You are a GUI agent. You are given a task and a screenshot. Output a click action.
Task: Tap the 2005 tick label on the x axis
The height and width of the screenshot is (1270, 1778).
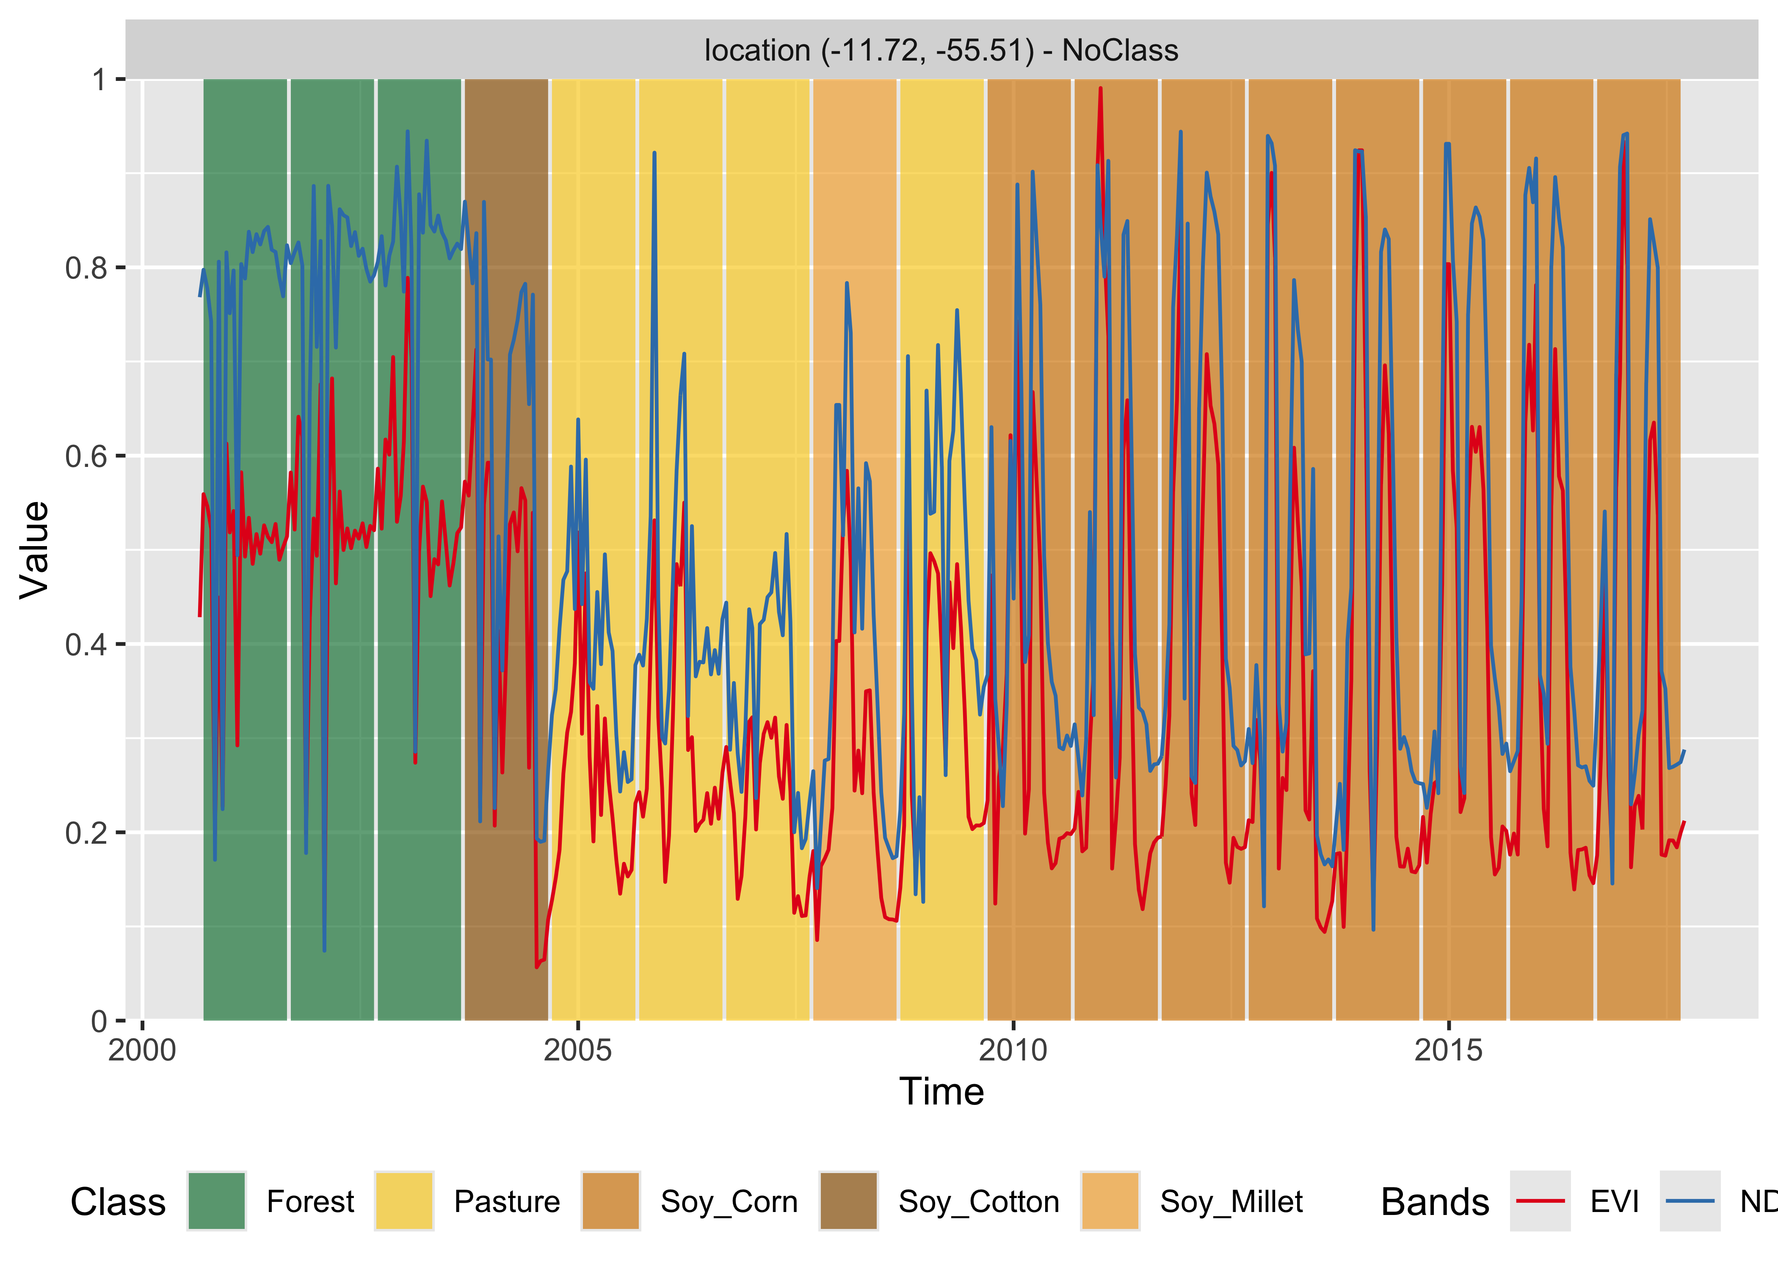(x=578, y=1050)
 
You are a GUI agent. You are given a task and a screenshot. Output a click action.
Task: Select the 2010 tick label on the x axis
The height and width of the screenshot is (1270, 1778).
(x=1013, y=1050)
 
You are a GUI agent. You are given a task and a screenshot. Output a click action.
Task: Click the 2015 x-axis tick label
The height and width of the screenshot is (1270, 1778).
(x=1448, y=1050)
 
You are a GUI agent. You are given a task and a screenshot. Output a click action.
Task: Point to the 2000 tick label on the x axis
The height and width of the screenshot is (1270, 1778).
(x=142, y=1050)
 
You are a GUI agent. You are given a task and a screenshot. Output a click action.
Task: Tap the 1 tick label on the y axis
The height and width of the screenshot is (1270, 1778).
(x=99, y=79)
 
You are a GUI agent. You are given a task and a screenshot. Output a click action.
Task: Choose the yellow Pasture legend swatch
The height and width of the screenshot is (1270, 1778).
(x=403, y=1201)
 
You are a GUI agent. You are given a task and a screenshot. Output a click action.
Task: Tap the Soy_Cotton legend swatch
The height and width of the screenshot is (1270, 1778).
(x=848, y=1201)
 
